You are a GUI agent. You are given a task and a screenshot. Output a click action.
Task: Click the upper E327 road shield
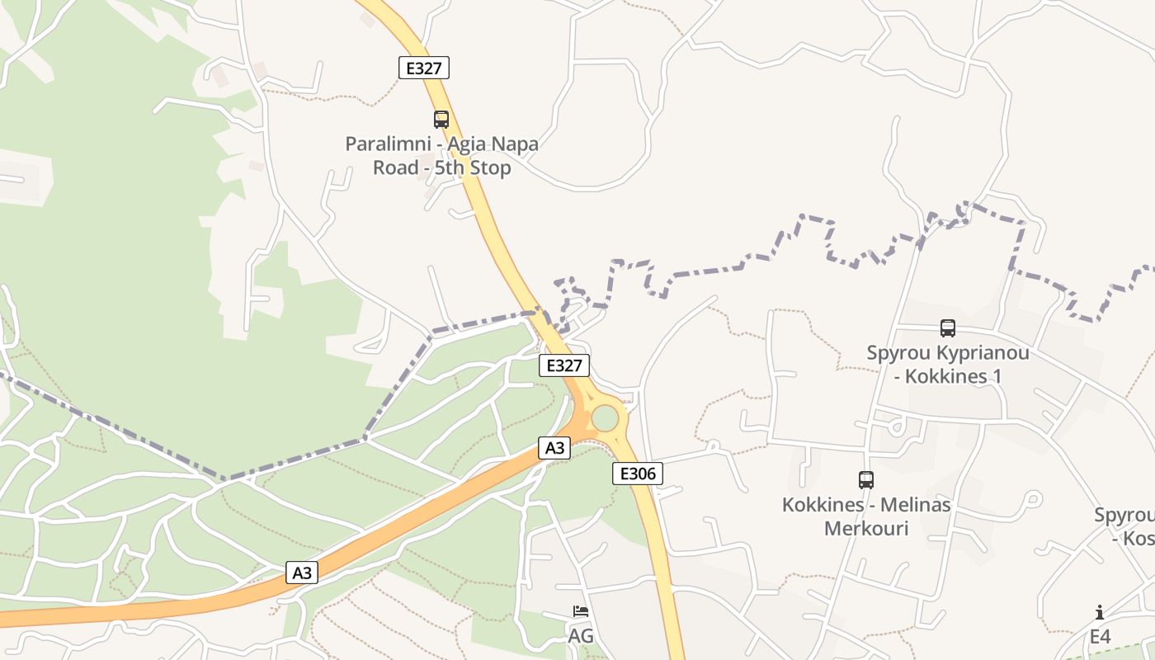424,68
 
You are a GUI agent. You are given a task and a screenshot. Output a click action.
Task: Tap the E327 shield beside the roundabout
564,365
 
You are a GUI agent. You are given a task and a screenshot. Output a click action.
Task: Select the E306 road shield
638,473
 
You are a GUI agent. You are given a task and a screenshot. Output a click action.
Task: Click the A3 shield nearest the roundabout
554,448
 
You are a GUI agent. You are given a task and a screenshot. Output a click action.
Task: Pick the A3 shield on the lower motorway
302,572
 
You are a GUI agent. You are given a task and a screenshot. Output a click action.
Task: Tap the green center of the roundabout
605,417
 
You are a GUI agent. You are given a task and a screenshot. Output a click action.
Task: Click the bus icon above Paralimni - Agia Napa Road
441,120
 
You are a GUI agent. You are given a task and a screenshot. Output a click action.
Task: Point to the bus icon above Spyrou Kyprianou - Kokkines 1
948,328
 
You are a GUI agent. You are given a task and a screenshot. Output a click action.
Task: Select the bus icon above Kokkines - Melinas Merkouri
866,480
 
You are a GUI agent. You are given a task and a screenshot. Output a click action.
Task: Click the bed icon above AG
581,612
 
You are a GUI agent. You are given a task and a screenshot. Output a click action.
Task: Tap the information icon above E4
1100,612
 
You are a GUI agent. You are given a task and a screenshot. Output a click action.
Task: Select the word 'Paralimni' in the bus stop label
385,144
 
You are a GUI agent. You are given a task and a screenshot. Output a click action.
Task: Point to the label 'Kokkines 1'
953,376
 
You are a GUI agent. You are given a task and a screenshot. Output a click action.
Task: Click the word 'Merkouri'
866,528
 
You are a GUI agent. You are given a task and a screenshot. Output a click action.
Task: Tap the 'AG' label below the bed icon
581,636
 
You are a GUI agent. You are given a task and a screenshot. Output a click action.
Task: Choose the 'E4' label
1100,636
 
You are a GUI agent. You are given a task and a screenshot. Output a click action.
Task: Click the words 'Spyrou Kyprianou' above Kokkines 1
948,353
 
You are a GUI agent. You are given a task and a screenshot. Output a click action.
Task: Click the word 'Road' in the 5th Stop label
397,168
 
